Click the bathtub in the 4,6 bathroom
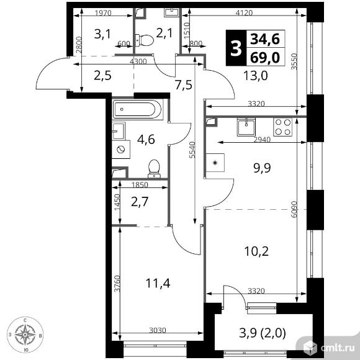(x=138, y=109)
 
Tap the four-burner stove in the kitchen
(x=282, y=127)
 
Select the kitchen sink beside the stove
(x=246, y=127)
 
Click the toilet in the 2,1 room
(x=144, y=40)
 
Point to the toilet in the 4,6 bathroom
(x=154, y=169)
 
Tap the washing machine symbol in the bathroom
(x=121, y=150)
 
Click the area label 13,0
(x=256, y=76)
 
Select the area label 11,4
(x=158, y=283)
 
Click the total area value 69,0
(x=265, y=57)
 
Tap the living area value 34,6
(x=265, y=39)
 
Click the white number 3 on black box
(x=236, y=48)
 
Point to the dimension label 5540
(x=192, y=150)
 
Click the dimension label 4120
(x=245, y=12)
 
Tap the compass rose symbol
(x=25, y=335)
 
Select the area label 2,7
(x=140, y=202)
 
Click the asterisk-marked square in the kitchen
(x=215, y=163)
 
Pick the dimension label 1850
(x=140, y=184)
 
